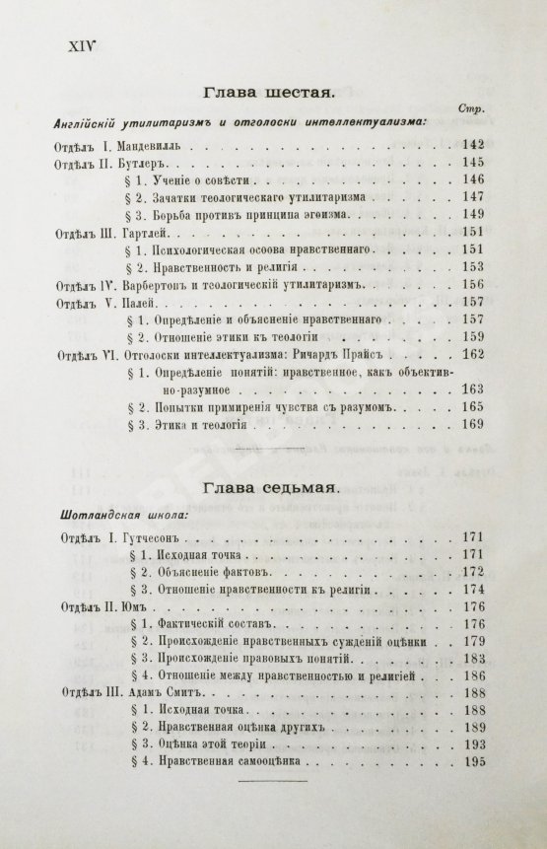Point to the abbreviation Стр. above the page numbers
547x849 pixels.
point(469,108)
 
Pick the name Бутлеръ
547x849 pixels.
point(149,162)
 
